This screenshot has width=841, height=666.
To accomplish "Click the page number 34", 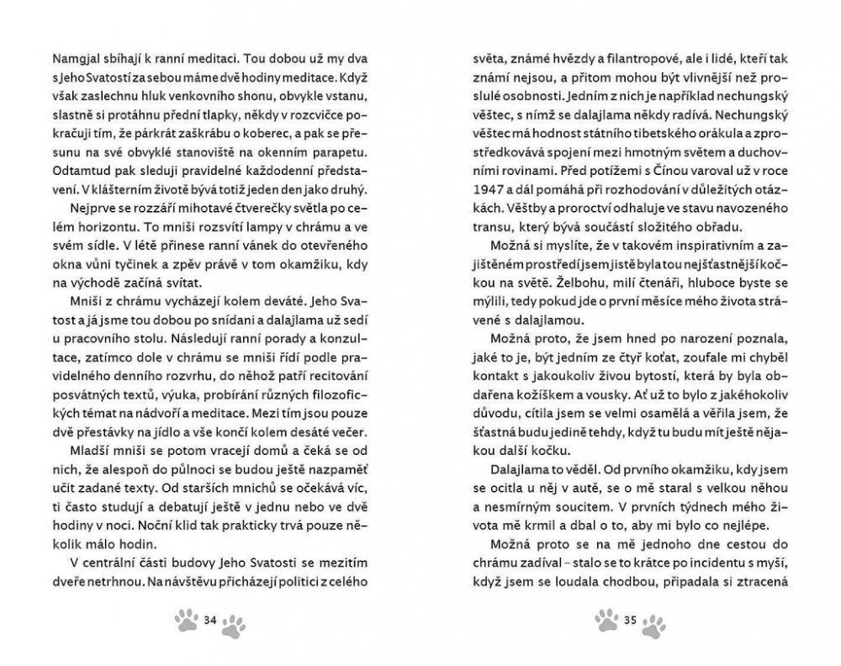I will pos(211,621).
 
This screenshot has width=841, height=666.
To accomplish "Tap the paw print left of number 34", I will pos(186,621).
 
